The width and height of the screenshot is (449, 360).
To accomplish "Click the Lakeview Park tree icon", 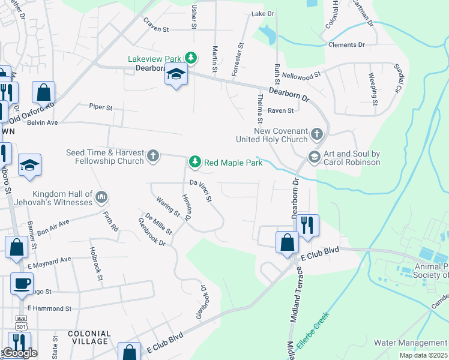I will coord(191,58).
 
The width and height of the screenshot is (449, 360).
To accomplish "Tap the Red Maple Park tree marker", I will coord(194,161).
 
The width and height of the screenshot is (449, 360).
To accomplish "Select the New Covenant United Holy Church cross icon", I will coord(318,134).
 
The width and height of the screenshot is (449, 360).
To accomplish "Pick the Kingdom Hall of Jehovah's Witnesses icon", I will coord(101,196).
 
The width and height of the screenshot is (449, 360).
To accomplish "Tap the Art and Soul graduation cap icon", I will coord(313,157).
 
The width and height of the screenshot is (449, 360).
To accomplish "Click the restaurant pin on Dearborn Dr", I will coord(307,226).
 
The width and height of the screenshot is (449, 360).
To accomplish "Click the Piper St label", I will coord(101,107).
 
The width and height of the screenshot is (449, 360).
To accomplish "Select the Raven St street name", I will coord(280,110).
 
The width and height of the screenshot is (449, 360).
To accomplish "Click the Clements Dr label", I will coord(346,45).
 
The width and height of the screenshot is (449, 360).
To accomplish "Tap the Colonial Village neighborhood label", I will coord(89,337).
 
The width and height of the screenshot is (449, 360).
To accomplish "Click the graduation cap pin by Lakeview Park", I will coord(176,74).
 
